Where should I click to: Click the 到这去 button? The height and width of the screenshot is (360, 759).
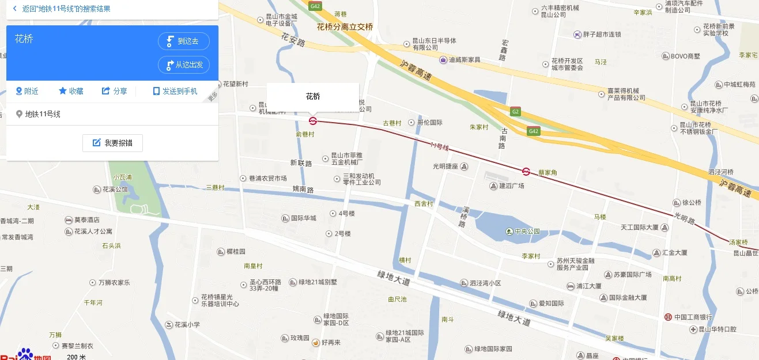pyautogui.click(x=184, y=41)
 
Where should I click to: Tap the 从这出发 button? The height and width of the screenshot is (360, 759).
pyautogui.click(x=184, y=65)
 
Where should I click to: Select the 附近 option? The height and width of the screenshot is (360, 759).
pyautogui.click(x=27, y=91)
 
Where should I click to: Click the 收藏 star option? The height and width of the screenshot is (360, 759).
pyautogui.click(x=71, y=91)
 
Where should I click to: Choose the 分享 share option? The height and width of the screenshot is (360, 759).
pyautogui.click(x=115, y=91)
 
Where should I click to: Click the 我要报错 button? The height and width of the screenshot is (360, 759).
pyautogui.click(x=112, y=143)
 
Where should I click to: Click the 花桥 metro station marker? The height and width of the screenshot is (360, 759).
pyautogui.click(x=313, y=120)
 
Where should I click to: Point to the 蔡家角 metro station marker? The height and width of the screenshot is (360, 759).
pyautogui.click(x=526, y=171)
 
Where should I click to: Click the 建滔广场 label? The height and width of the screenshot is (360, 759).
pyautogui.click(x=511, y=186)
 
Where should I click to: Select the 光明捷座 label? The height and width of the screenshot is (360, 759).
pyautogui.click(x=445, y=166)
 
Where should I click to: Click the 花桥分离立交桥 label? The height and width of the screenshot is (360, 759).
pyautogui.click(x=345, y=26)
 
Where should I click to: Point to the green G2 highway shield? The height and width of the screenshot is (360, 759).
pyautogui.click(x=515, y=111)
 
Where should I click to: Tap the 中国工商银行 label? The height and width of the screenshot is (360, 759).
pyautogui.click(x=693, y=317)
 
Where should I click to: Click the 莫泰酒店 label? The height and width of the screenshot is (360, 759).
pyautogui.click(x=86, y=219)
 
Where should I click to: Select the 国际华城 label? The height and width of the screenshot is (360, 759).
pyautogui.click(x=303, y=218)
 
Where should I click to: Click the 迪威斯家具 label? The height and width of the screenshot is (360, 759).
pyautogui.click(x=465, y=60)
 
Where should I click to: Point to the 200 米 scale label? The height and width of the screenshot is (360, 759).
pyautogui.click(x=76, y=357)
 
